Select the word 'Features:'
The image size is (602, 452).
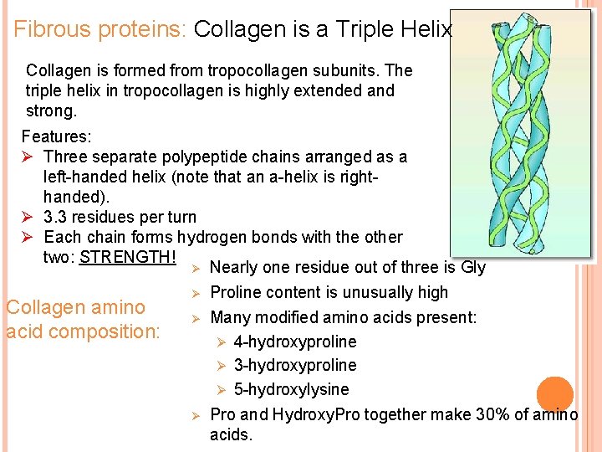(x=56, y=136)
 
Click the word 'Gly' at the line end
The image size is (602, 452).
(x=472, y=268)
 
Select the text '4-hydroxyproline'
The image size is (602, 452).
(x=295, y=342)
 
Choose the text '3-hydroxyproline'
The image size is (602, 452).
(x=295, y=365)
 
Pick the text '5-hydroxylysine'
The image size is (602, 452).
(x=292, y=389)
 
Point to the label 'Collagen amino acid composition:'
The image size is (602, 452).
(x=82, y=320)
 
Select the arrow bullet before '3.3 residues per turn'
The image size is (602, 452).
(x=28, y=218)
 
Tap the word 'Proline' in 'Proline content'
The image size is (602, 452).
(x=237, y=292)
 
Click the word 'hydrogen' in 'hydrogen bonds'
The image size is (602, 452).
(x=212, y=237)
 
